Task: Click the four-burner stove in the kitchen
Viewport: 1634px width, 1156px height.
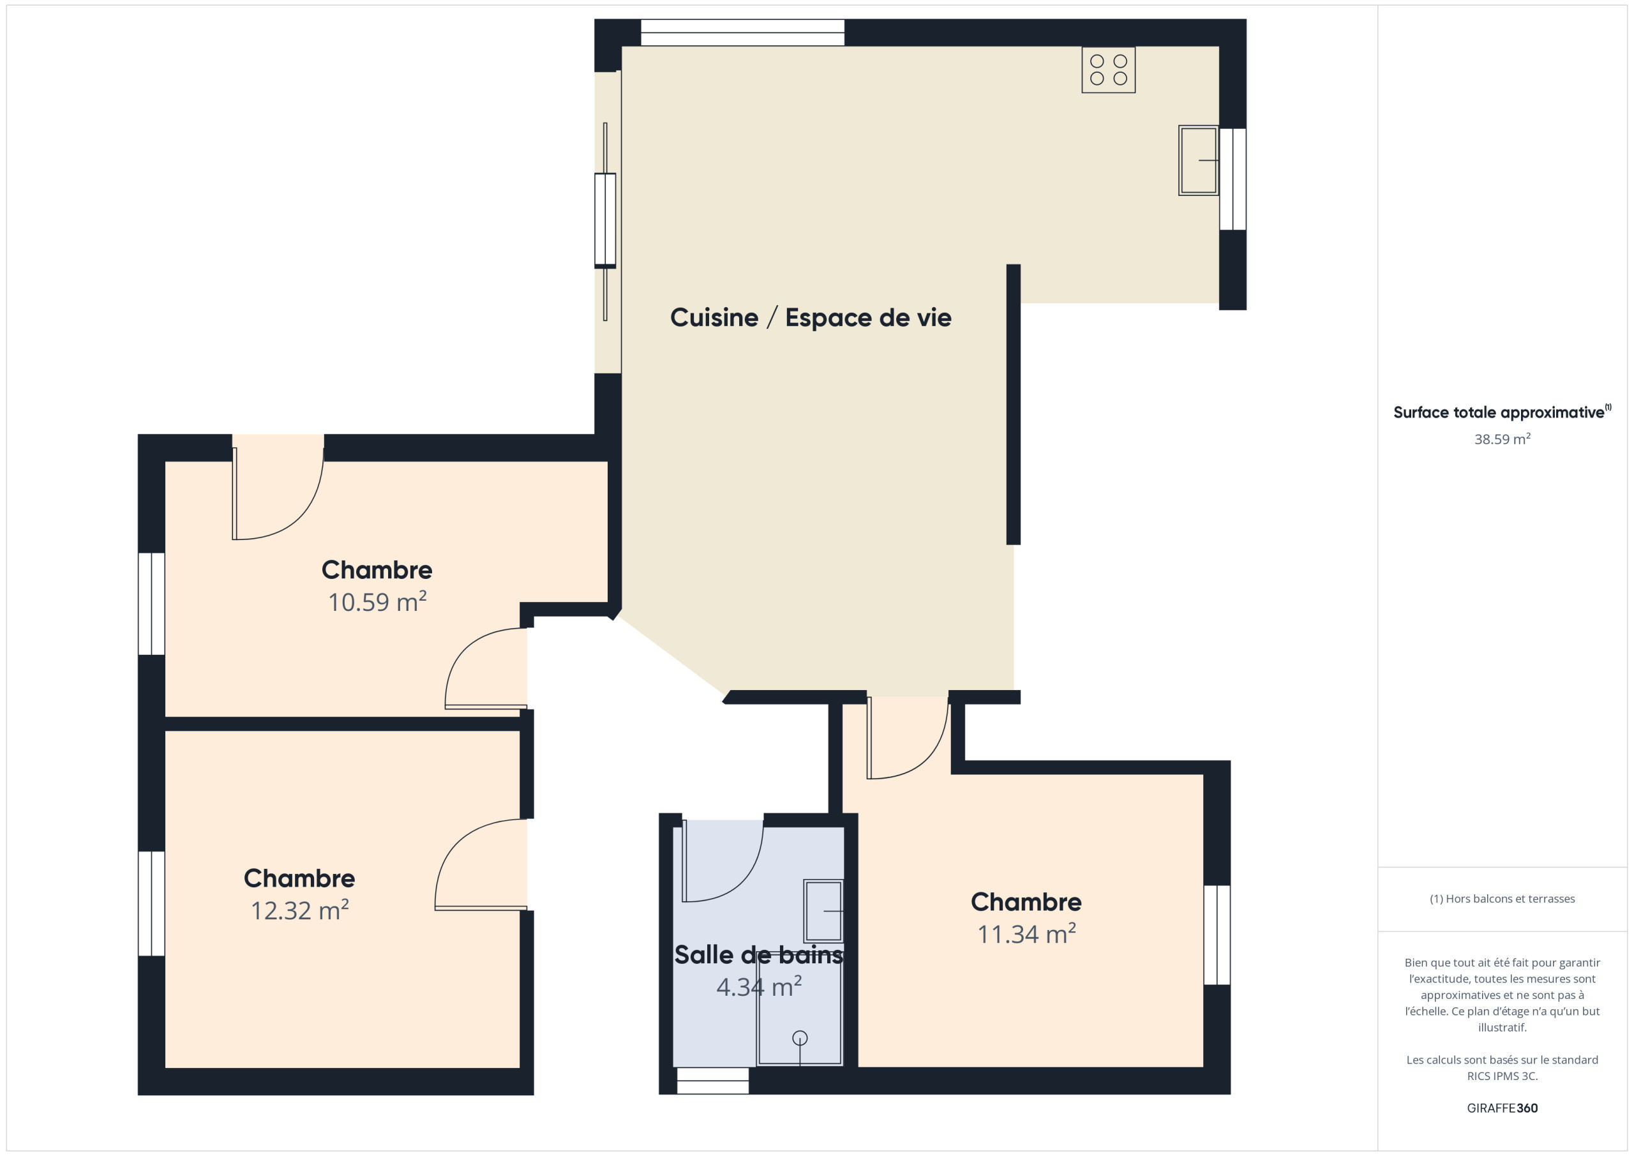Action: pyautogui.click(x=1108, y=70)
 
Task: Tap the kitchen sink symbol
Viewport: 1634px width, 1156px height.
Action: pyautogui.click(x=1199, y=160)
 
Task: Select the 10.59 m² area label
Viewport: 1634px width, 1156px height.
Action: pyautogui.click(x=377, y=601)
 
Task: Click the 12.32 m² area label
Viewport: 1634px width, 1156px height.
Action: pyautogui.click(x=299, y=910)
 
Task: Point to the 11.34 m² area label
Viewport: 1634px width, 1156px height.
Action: pyautogui.click(x=1026, y=933)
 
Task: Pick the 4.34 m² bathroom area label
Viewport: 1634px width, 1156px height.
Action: pyautogui.click(x=760, y=987)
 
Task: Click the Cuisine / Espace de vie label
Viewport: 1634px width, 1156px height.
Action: pyautogui.click(x=811, y=317)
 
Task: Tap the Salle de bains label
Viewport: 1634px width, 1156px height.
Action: pyautogui.click(x=759, y=954)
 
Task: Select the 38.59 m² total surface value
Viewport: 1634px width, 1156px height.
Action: pyautogui.click(x=1503, y=439)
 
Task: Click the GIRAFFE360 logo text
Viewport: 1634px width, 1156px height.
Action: pyautogui.click(x=1503, y=1108)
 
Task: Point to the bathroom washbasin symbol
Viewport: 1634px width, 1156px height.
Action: pyautogui.click(x=823, y=911)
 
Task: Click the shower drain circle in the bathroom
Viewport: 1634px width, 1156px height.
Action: pyautogui.click(x=800, y=1039)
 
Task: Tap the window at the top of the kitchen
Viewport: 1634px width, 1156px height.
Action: pyautogui.click(x=742, y=33)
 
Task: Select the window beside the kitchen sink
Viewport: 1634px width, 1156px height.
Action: pyautogui.click(x=1233, y=179)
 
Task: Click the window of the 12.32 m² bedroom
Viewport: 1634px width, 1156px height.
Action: pyautogui.click(x=151, y=904)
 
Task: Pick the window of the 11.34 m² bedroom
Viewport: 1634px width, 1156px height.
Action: pyautogui.click(x=1217, y=935)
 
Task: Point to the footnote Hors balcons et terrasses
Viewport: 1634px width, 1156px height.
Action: pyautogui.click(x=1503, y=899)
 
